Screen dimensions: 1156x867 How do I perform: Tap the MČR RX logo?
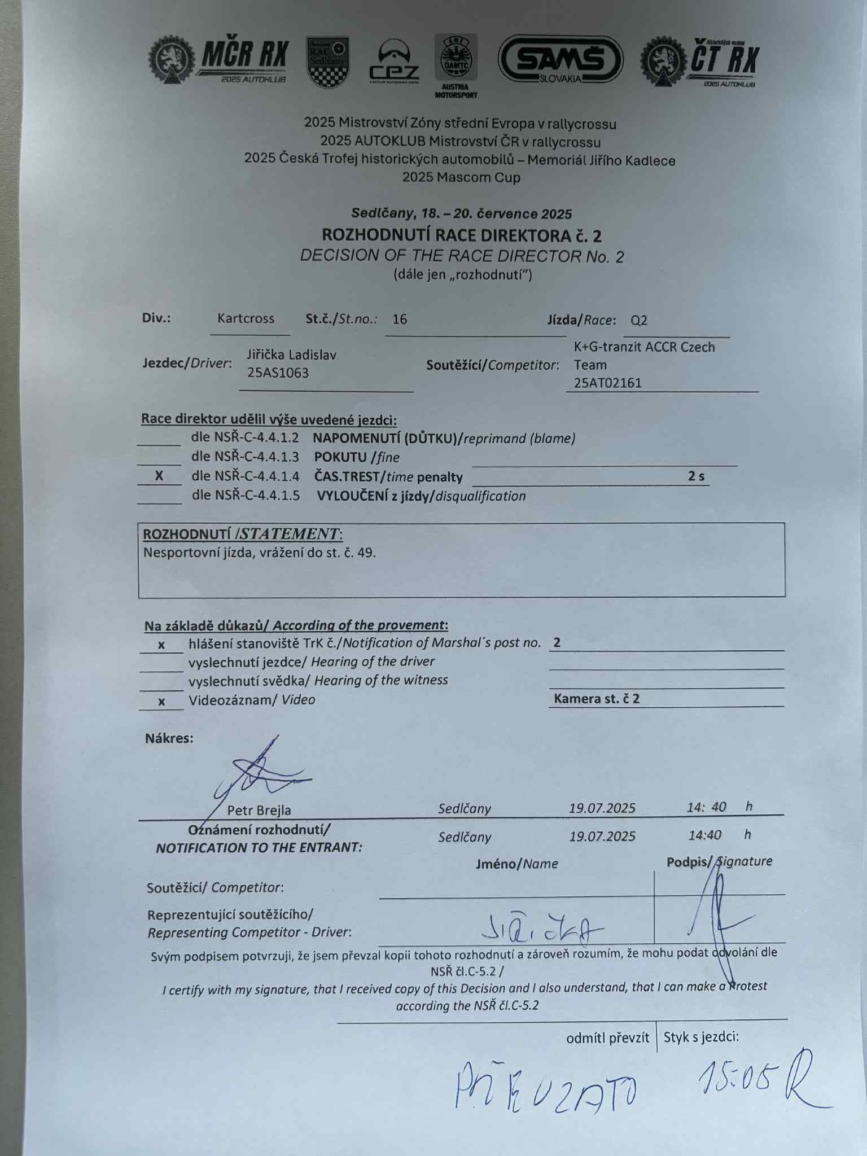click(219, 61)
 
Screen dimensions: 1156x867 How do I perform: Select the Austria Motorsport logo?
click(456, 65)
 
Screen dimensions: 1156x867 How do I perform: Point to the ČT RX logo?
click(700, 61)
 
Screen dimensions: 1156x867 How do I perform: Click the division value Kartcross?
click(246, 318)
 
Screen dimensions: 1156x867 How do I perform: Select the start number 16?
click(400, 319)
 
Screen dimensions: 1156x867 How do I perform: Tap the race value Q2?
click(639, 321)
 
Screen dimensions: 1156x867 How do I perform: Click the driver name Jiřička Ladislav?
click(291, 355)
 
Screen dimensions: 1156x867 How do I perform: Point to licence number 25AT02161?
click(608, 383)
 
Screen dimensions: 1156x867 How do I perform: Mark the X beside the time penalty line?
click(159, 476)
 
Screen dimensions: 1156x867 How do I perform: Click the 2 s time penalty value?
click(696, 476)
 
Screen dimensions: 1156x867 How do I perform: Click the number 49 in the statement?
click(366, 553)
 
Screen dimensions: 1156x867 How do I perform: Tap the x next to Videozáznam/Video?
click(161, 702)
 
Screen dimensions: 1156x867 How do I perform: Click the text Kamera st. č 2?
click(597, 699)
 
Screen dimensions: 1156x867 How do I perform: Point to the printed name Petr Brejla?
click(259, 811)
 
